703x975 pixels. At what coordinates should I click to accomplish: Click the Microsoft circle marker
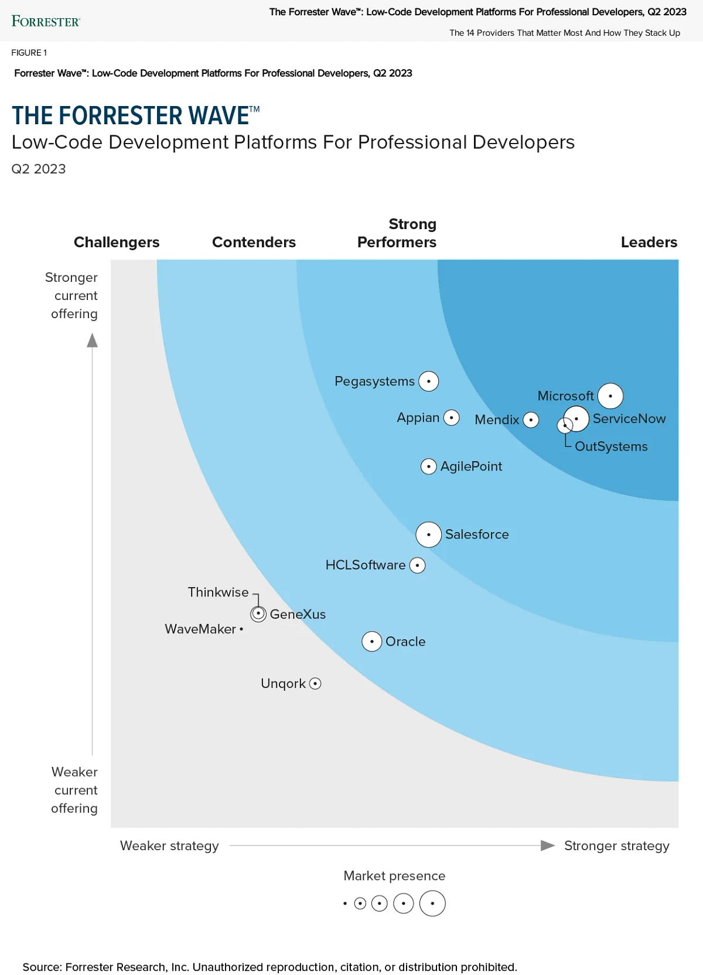click(610, 396)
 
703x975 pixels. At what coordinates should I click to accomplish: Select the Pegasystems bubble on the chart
click(429, 381)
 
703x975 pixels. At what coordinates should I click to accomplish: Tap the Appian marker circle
click(451, 418)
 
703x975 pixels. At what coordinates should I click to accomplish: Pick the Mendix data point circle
click(531, 420)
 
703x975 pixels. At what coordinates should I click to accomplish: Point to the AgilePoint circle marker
click(429, 466)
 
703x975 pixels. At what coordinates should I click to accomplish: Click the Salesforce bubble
click(429, 534)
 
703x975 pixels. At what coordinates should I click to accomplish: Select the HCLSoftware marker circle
click(417, 565)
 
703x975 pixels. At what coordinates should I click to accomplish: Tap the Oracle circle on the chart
click(372, 642)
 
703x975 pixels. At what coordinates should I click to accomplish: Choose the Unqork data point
click(315, 684)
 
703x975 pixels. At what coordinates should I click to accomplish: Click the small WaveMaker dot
click(241, 629)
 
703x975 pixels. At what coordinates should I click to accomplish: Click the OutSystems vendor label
click(611, 446)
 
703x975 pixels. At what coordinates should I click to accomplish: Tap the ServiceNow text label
click(629, 419)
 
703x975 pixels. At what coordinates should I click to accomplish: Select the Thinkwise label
click(218, 592)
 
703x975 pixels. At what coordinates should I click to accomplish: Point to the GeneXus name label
click(298, 615)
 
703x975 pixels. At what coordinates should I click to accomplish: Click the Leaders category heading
click(649, 243)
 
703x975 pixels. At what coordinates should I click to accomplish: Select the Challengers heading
click(117, 243)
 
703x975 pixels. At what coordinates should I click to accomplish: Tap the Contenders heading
click(254, 243)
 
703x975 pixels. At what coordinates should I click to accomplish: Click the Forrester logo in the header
click(46, 22)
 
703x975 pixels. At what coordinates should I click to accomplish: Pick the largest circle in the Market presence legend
click(432, 904)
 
